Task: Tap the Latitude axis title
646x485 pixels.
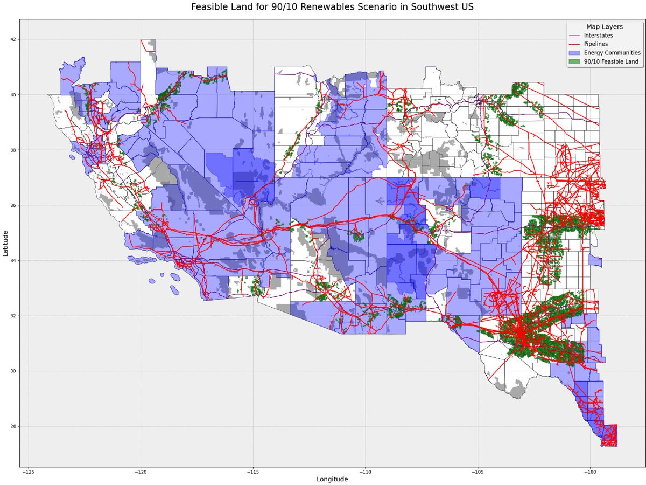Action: pos(6,242)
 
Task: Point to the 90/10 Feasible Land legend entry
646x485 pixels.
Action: pos(612,61)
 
